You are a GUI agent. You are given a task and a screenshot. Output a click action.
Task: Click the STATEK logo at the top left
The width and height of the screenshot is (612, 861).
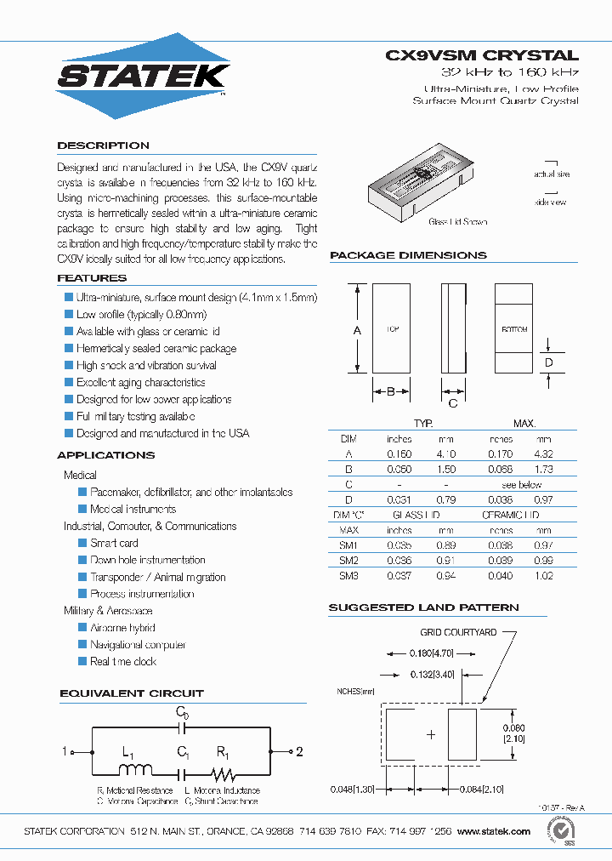(x=143, y=76)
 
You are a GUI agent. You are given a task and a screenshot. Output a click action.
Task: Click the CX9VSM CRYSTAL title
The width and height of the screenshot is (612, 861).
(x=482, y=55)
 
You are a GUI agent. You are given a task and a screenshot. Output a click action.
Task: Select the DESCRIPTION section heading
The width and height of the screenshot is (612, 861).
(x=103, y=145)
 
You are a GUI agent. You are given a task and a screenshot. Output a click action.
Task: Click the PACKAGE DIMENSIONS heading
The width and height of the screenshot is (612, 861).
(x=408, y=255)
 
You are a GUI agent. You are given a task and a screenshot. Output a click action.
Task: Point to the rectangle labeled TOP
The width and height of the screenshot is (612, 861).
(x=392, y=328)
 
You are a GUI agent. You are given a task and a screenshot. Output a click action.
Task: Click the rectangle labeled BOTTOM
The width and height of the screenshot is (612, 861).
(x=513, y=328)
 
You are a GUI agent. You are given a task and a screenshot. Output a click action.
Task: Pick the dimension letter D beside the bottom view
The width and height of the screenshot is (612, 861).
(x=548, y=363)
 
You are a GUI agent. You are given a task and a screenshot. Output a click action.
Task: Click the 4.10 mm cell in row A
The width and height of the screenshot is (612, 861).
(x=446, y=454)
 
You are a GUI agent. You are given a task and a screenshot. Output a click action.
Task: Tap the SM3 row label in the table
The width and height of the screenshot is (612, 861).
(x=348, y=576)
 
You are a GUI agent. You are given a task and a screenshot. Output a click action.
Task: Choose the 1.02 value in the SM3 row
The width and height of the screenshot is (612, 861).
(x=543, y=576)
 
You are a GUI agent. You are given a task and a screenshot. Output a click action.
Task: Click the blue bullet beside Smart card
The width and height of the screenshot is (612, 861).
(x=82, y=543)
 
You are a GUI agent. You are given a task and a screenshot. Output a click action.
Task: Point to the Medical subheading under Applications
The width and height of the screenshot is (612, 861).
(x=80, y=475)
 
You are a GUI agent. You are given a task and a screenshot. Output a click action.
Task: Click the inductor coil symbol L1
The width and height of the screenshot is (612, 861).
(x=133, y=772)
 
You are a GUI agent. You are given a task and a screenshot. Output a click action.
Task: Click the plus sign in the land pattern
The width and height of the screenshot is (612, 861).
(x=431, y=734)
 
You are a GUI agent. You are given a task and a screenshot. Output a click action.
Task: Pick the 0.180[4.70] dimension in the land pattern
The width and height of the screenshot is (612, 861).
(x=431, y=653)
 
